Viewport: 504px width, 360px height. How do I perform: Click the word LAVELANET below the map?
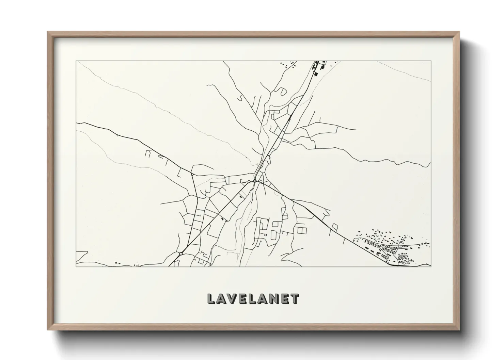(x=253, y=299)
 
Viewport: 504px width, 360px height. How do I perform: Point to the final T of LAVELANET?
(x=296, y=299)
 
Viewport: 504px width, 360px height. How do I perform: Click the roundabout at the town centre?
(x=255, y=181)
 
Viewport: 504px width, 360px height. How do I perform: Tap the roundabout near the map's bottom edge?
(x=181, y=253)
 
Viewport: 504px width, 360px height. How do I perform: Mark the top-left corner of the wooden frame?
(x=48, y=32)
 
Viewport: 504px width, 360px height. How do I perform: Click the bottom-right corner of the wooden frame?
(x=459, y=330)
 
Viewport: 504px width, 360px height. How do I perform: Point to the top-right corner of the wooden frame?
(x=459, y=32)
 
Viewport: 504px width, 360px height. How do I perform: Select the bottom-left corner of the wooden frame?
(x=48, y=330)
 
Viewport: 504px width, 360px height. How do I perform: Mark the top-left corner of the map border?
(x=76, y=61)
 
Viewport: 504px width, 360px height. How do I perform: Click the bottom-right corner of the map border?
(x=431, y=267)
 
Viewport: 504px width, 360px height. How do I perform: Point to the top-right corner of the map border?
(x=431, y=61)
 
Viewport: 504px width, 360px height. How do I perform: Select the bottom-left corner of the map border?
(x=76, y=267)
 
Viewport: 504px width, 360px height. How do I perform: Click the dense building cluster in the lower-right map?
(x=392, y=247)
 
